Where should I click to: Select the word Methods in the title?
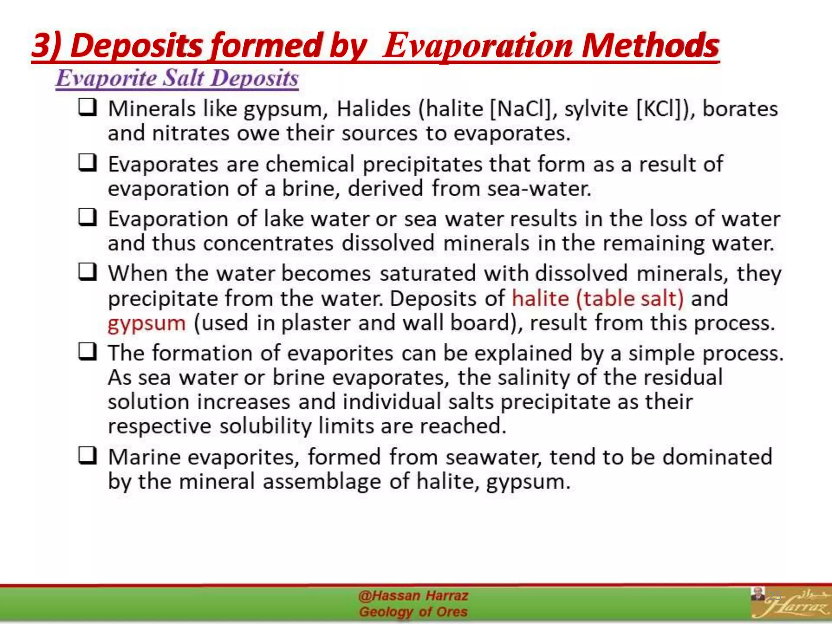650,45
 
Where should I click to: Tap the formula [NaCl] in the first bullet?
520,109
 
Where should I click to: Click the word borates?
740,109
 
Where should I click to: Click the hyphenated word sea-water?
539,188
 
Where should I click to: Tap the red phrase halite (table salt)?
598,299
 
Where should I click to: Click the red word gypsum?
147,324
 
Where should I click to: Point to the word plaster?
316,323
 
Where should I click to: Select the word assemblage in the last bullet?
322,482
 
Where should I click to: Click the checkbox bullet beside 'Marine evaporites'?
88,456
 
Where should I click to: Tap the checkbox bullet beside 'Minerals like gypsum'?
88,108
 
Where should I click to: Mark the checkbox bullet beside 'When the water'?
88,272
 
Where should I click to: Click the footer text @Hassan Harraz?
413,596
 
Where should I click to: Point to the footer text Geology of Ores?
413,612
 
